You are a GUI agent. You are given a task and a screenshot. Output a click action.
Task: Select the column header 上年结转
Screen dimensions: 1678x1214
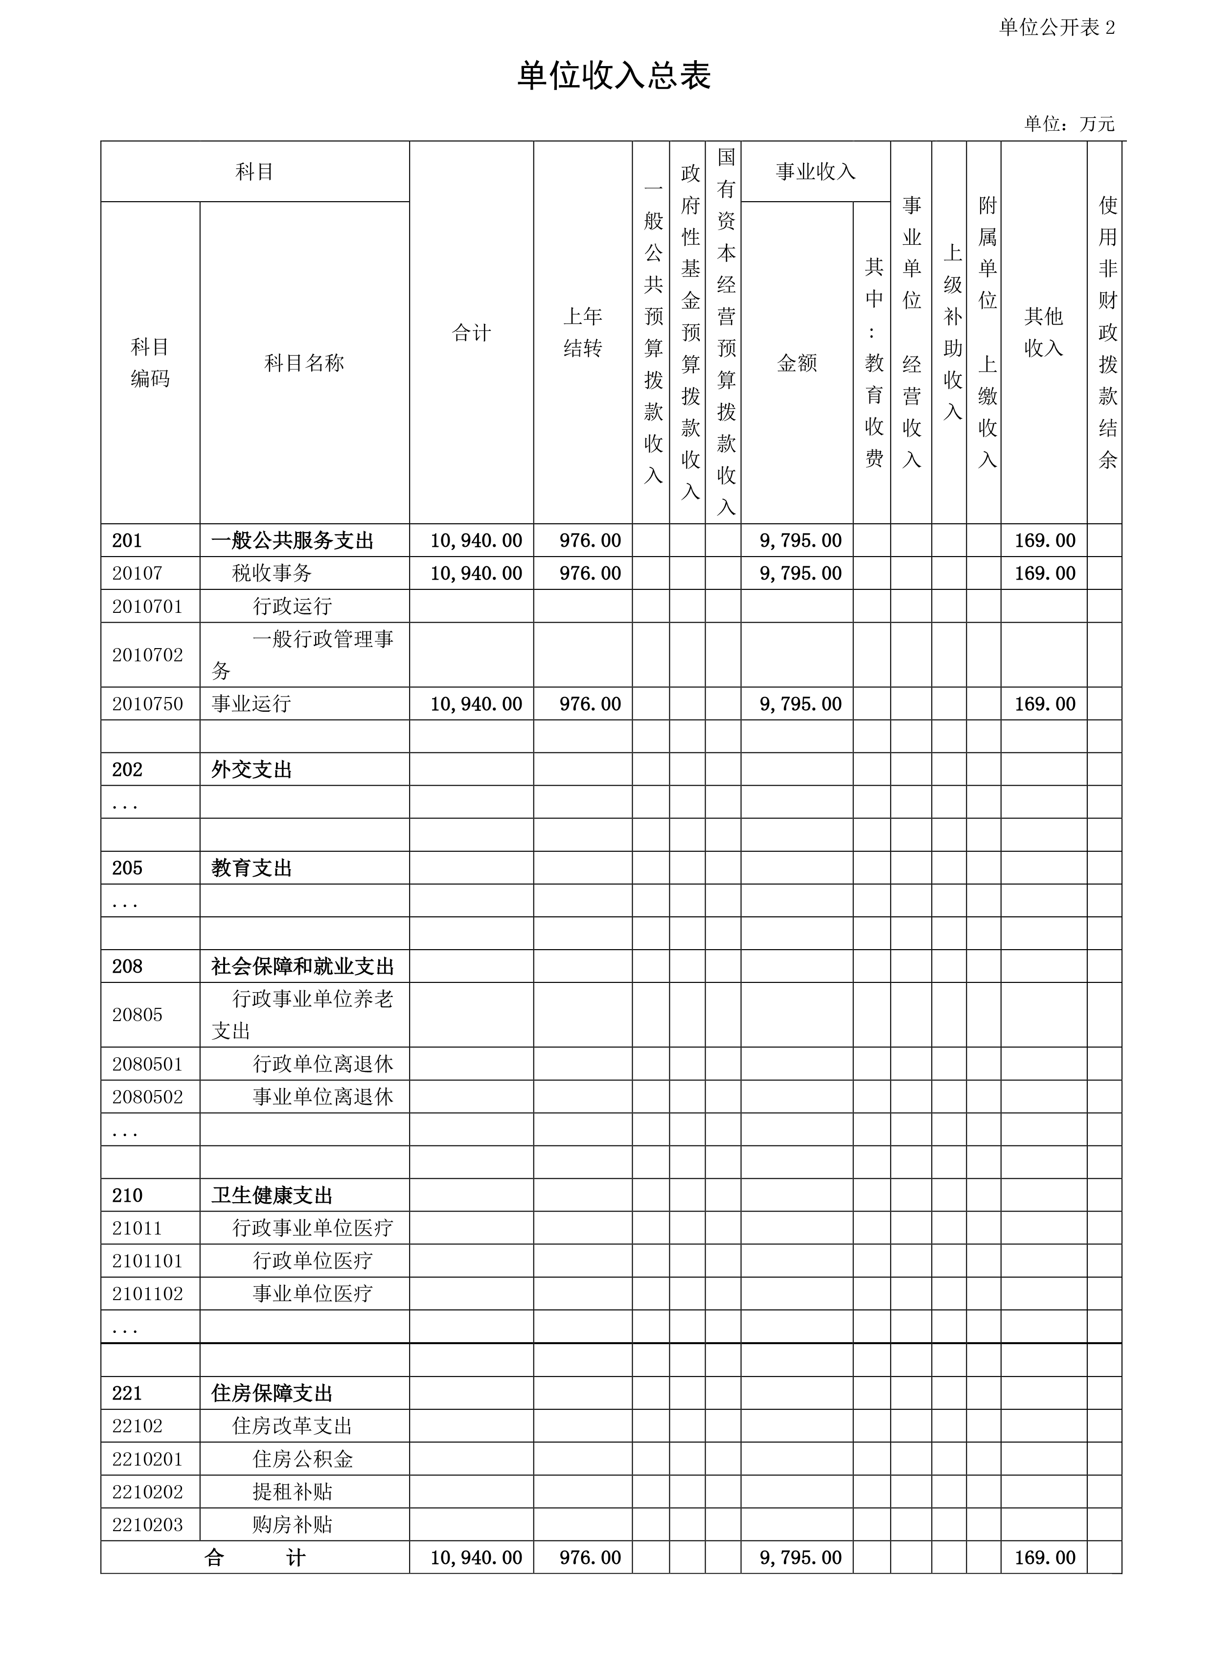pyautogui.click(x=582, y=332)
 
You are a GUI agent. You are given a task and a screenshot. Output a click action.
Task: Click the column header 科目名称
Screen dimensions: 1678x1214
pyautogui.click(x=304, y=363)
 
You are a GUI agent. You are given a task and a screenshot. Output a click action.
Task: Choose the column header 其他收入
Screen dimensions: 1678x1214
pyautogui.click(x=1043, y=332)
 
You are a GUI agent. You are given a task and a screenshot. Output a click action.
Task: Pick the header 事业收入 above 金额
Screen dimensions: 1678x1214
pyautogui.click(x=815, y=172)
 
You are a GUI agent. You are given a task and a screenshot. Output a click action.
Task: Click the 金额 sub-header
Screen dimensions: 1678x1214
pyautogui.click(x=797, y=363)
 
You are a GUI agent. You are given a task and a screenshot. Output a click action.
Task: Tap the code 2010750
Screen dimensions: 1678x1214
pyautogui.click(x=147, y=703)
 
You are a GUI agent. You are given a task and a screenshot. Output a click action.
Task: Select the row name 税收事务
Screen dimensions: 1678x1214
pyautogui.click(x=272, y=573)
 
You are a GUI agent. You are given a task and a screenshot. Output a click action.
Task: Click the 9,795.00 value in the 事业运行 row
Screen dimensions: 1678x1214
pyautogui.click(x=801, y=703)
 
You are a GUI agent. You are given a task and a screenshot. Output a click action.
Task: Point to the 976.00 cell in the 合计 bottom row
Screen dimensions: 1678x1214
pyautogui.click(x=590, y=1558)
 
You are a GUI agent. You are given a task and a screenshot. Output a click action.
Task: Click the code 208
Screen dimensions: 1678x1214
pyautogui.click(x=127, y=966)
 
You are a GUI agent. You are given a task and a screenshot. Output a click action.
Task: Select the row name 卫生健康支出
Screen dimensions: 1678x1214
pyautogui.click(x=272, y=1196)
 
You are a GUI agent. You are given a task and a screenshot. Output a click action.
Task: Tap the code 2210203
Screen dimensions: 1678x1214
pyautogui.click(x=147, y=1524)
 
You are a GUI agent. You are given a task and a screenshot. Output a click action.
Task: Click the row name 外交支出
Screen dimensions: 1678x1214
pyautogui.click(x=252, y=769)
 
